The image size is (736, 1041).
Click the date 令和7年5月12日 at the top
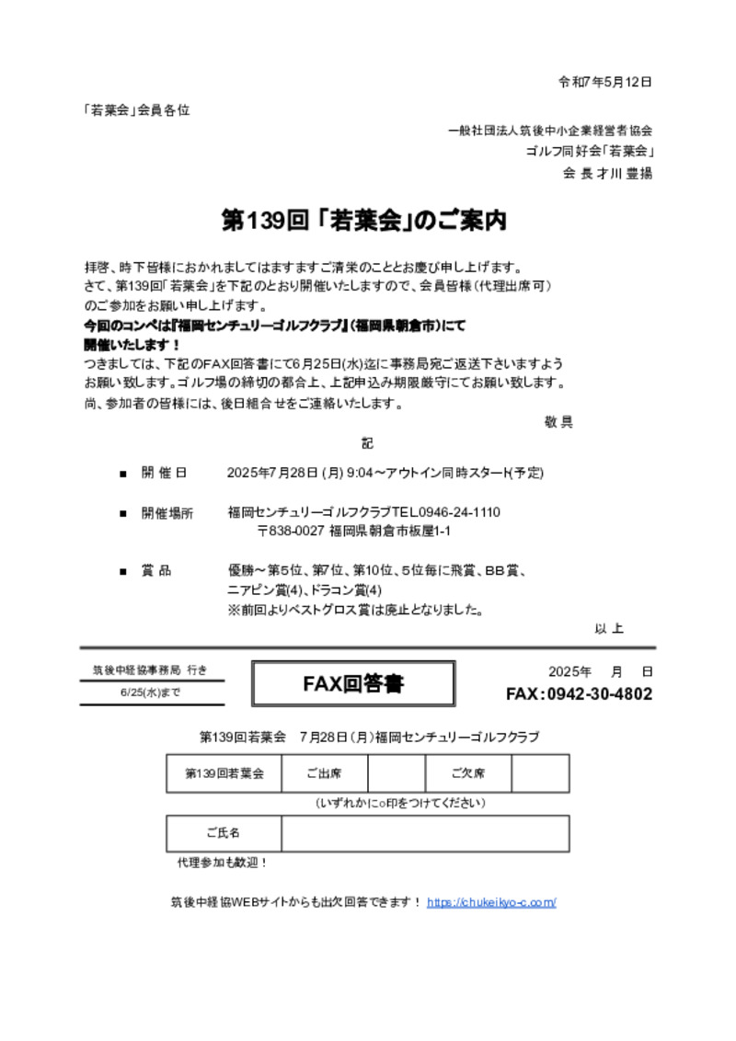[605, 82]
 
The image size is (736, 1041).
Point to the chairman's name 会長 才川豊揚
[608, 173]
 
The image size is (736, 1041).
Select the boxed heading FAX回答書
[353, 684]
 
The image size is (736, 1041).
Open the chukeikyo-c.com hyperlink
[491, 902]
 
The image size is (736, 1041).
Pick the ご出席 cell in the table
[323, 773]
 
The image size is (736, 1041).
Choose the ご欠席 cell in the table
[467, 773]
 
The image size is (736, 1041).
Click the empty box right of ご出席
[396, 773]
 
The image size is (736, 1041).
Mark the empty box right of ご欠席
[540, 773]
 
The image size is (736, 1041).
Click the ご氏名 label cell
[224, 833]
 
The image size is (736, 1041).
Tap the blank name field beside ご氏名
[425, 833]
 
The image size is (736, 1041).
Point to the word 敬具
[558, 422]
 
